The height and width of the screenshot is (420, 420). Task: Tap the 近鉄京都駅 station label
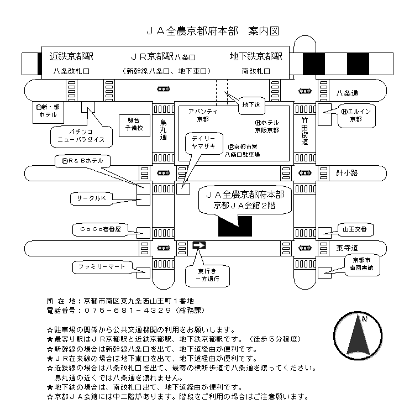tap(71, 56)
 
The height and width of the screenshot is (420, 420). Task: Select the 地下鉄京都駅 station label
tap(256, 56)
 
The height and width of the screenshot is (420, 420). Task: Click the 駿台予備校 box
tap(133, 123)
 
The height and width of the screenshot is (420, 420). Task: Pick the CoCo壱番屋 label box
tap(99, 228)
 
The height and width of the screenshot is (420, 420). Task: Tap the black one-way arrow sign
tap(198, 244)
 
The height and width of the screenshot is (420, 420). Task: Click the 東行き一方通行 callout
tap(211, 275)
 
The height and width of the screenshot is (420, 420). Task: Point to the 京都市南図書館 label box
tap(361, 263)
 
